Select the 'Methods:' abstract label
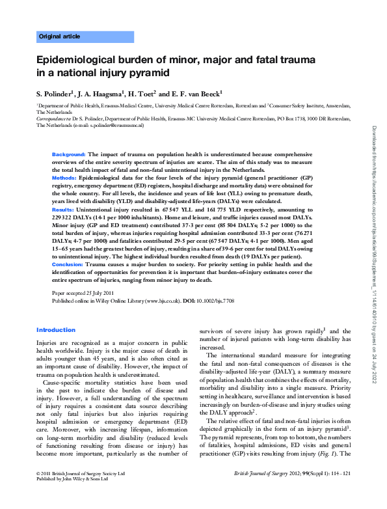[x=64, y=177]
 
